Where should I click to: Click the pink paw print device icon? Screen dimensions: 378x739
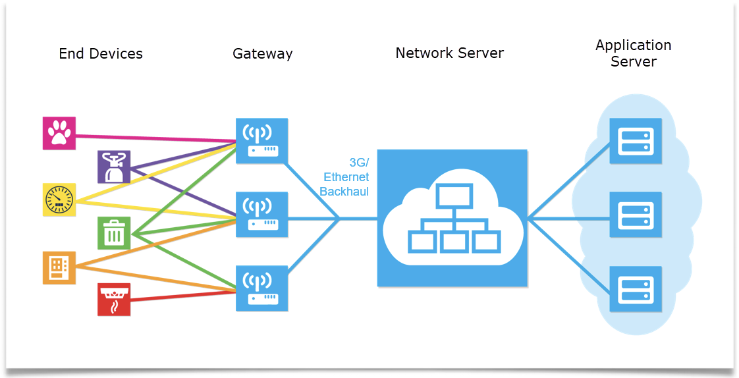click(x=59, y=133)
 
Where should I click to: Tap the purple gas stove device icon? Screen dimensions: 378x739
click(x=114, y=167)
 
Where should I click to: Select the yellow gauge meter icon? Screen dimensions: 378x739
click(x=59, y=200)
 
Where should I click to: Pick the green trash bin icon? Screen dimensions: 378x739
click(x=114, y=233)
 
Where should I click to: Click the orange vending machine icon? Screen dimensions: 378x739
click(x=59, y=267)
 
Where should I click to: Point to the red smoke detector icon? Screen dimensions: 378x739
click(x=114, y=300)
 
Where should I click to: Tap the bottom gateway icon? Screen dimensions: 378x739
click(x=261, y=288)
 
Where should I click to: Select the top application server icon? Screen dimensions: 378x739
click(x=635, y=141)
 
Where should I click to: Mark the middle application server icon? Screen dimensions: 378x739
click(x=635, y=215)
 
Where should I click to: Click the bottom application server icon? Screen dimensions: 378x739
click(x=635, y=288)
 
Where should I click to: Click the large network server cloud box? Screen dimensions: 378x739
click(x=452, y=218)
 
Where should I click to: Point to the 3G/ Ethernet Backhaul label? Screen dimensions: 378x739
click(x=345, y=177)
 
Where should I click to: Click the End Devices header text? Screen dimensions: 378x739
click(x=101, y=54)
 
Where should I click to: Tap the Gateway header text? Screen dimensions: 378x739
click(x=262, y=54)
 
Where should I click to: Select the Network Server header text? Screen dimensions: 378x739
click(x=449, y=53)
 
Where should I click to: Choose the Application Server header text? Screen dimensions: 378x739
click(x=633, y=53)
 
